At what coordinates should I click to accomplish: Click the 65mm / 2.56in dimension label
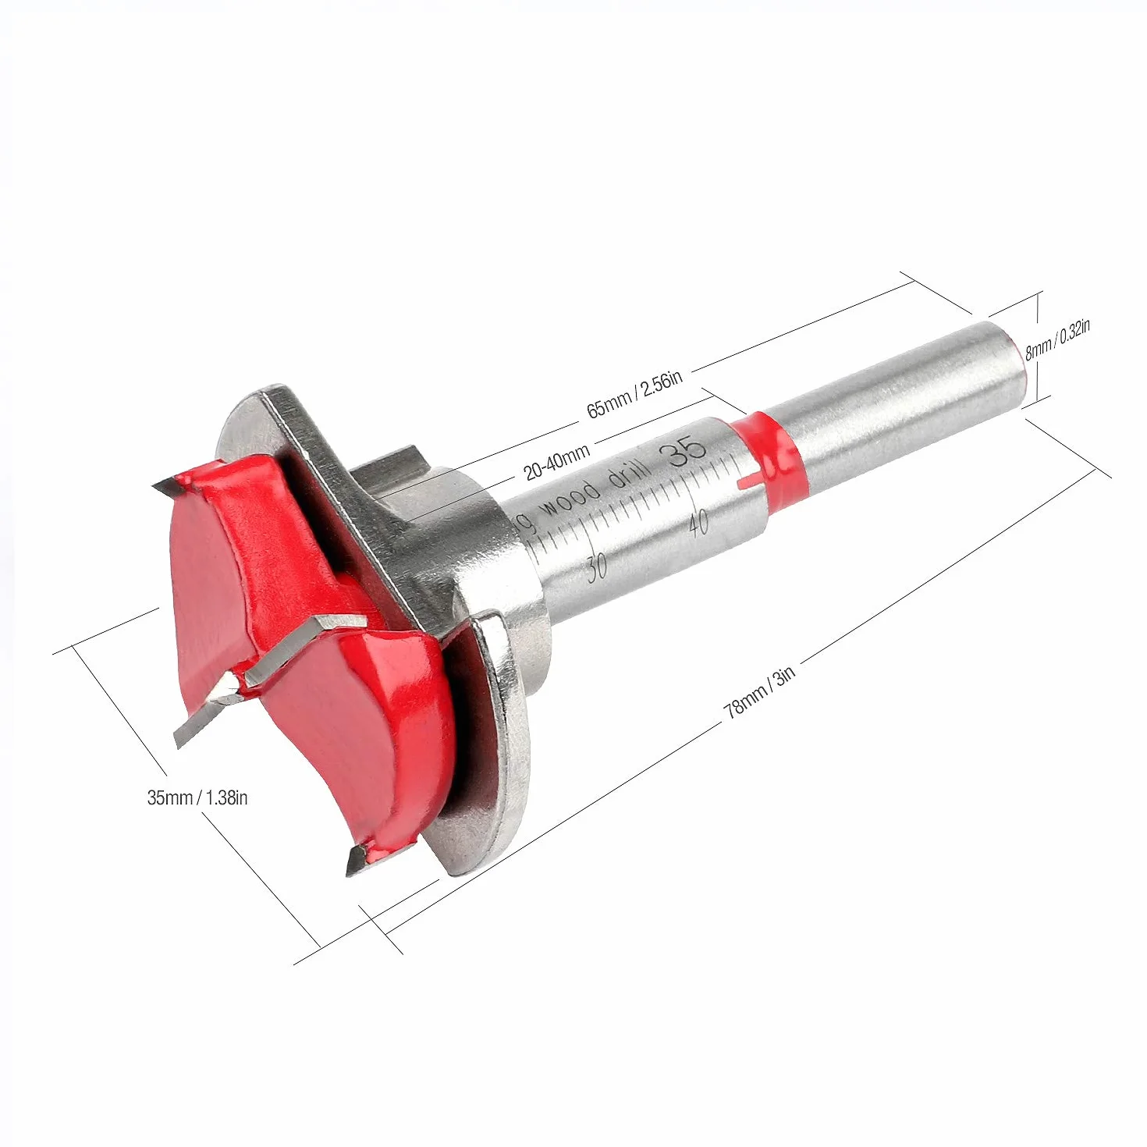[634, 393]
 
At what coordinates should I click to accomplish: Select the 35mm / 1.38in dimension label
[197, 797]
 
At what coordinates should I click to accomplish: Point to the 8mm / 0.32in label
[1057, 340]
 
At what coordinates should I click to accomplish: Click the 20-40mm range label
[556, 461]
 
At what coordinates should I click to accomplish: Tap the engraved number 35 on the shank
[687, 450]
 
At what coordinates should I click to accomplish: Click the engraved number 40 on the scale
[699, 523]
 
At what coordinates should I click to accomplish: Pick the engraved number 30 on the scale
[596, 566]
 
